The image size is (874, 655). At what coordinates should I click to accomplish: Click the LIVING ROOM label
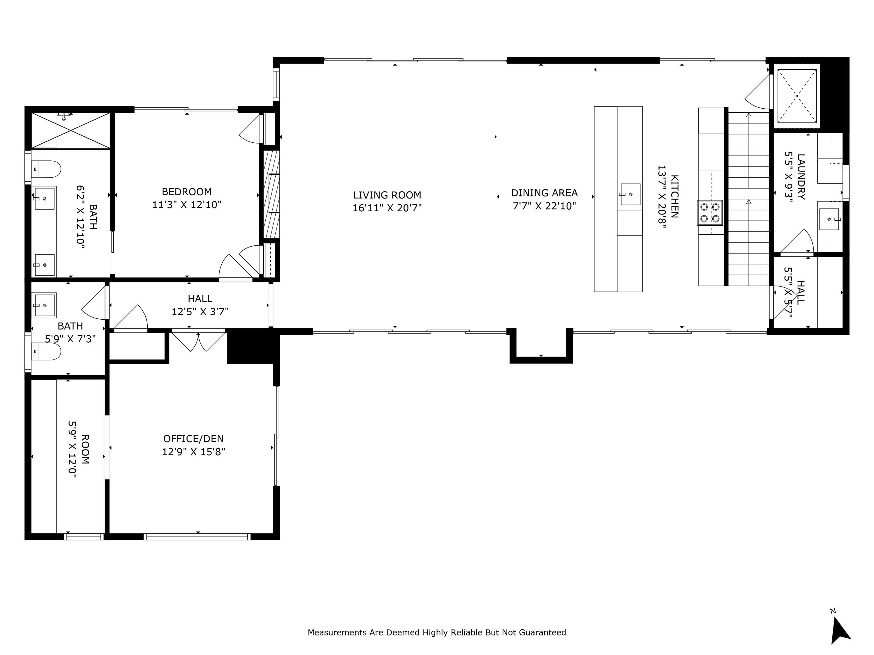click(387, 195)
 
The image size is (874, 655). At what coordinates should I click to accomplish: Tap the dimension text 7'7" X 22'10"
click(544, 206)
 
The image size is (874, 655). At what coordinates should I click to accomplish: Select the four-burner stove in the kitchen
click(710, 213)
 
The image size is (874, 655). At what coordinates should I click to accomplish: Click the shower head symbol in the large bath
click(64, 116)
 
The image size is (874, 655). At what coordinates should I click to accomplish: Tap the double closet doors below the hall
click(198, 341)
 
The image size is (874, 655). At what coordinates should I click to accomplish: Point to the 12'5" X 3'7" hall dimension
click(200, 312)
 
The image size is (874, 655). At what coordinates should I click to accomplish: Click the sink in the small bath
click(44, 305)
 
